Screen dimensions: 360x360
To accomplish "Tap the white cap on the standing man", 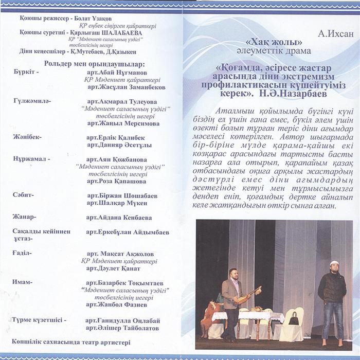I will click(334, 263).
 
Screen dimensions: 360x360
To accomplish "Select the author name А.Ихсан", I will click(336, 34).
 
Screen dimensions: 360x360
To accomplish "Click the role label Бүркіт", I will click(26, 72).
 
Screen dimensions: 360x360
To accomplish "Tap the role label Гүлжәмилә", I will click(32, 101).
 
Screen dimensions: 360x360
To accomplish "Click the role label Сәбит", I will click(23, 195).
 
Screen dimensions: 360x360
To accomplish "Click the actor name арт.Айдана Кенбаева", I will click(119, 217).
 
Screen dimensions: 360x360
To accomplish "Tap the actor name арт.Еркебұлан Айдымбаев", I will click(128, 232).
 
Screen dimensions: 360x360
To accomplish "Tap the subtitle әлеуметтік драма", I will click(274, 51).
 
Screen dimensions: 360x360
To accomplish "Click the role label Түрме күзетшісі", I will click(40, 320).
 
